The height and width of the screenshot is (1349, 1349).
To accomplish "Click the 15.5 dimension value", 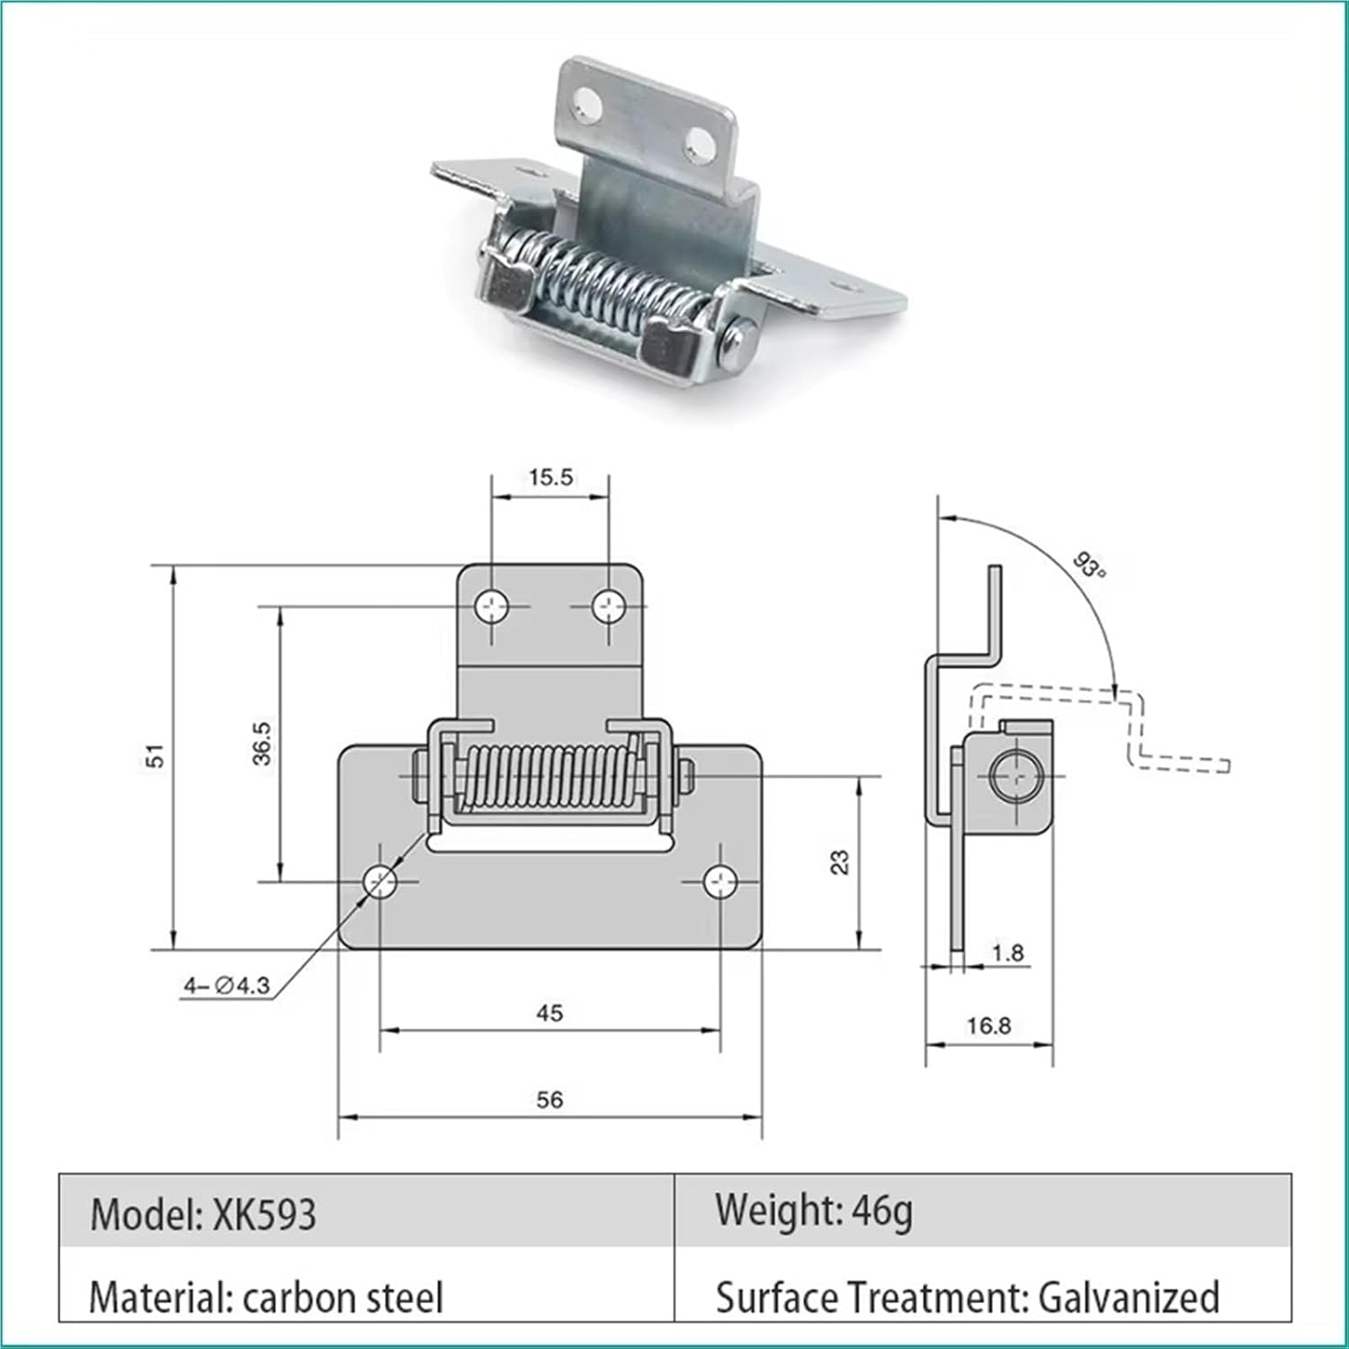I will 549,477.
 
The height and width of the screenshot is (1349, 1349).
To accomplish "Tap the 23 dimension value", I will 839,862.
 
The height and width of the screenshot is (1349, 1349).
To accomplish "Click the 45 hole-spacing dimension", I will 549,1013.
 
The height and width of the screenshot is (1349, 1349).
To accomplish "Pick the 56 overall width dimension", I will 549,1099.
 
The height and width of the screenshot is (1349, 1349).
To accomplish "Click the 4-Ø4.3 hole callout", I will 227,986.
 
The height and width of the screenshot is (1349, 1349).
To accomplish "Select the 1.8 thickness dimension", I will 1006,952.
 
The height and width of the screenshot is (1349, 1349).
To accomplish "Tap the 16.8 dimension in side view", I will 988,1025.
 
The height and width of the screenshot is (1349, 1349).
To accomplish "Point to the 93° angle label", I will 1089,567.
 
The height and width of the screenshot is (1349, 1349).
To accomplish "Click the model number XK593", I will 264,1215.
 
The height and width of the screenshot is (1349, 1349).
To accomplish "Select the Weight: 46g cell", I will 814,1211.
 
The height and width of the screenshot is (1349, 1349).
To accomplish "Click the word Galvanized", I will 1129,1298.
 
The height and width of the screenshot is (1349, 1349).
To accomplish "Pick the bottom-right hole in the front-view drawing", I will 720,882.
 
